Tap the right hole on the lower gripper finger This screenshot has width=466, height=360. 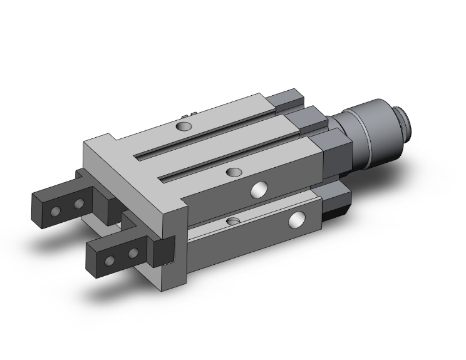(x=133, y=253)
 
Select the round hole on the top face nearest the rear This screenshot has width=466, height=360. (x=183, y=127)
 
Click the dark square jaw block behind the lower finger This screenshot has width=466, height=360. (x=164, y=252)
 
